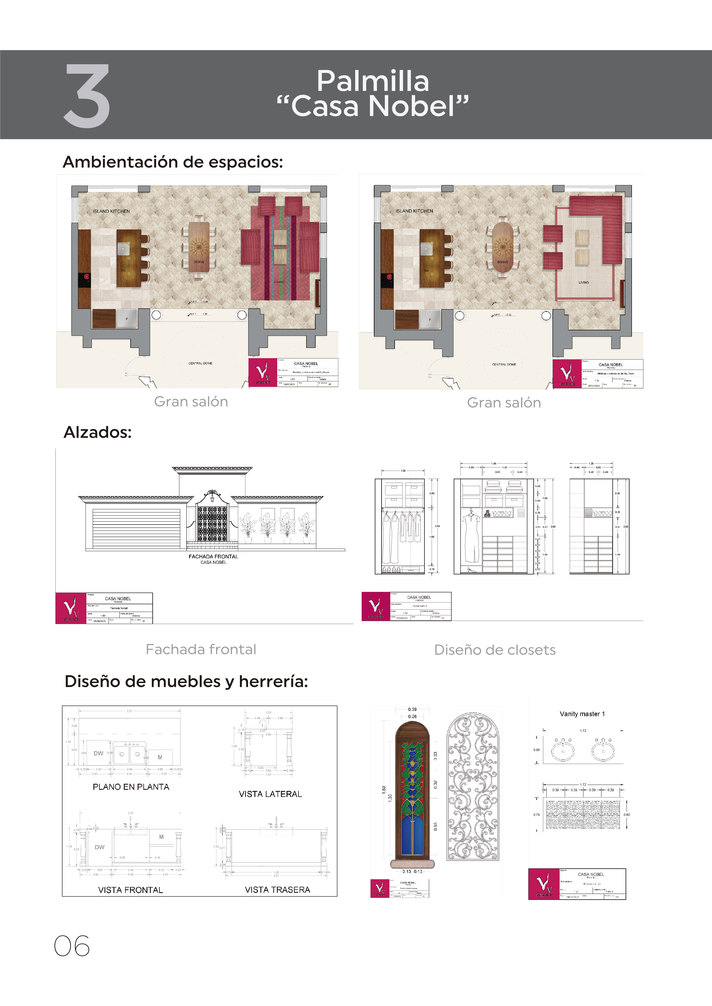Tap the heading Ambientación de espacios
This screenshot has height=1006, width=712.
[173, 162]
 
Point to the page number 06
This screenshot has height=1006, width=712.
[72, 946]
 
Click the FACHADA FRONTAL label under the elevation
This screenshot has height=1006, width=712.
[213, 556]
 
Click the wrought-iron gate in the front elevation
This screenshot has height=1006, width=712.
[212, 524]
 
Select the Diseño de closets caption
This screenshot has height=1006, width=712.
[494, 650]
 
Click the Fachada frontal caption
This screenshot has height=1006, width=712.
[201, 649]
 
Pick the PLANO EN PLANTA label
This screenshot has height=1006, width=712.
[131, 787]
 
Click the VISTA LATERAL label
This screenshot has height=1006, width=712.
[270, 794]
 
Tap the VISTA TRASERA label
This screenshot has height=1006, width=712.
[277, 890]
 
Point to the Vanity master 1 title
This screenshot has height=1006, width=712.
[582, 714]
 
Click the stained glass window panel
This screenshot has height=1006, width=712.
[412, 798]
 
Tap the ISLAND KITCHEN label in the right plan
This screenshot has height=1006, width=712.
[414, 211]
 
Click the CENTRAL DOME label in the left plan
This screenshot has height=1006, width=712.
[200, 363]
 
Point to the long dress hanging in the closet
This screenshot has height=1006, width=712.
[471, 537]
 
